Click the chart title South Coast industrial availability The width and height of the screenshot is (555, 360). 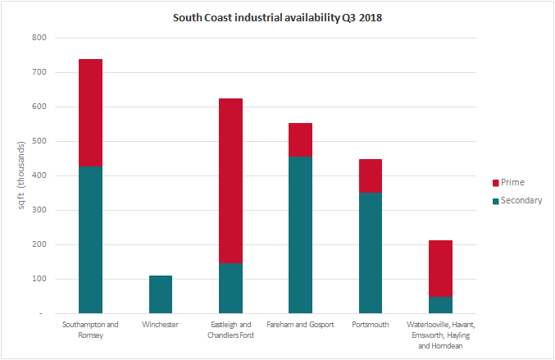tap(277, 17)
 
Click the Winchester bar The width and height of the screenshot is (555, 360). tap(161, 294)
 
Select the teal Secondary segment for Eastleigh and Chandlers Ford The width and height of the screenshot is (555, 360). tap(230, 288)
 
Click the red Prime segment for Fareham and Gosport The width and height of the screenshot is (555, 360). tap(300, 139)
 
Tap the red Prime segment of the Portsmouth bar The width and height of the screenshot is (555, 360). tap(370, 175)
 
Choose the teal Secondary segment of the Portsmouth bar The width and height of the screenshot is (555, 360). tap(370, 253)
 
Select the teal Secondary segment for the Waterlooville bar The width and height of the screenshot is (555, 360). tap(440, 304)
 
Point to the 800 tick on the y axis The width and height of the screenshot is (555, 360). tap(40, 38)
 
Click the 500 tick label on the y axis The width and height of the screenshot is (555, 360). tap(40, 141)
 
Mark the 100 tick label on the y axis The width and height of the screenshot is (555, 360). tap(40, 279)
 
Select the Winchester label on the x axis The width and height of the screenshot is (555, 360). tap(161, 325)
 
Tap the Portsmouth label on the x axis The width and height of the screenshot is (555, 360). tap(370, 325)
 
